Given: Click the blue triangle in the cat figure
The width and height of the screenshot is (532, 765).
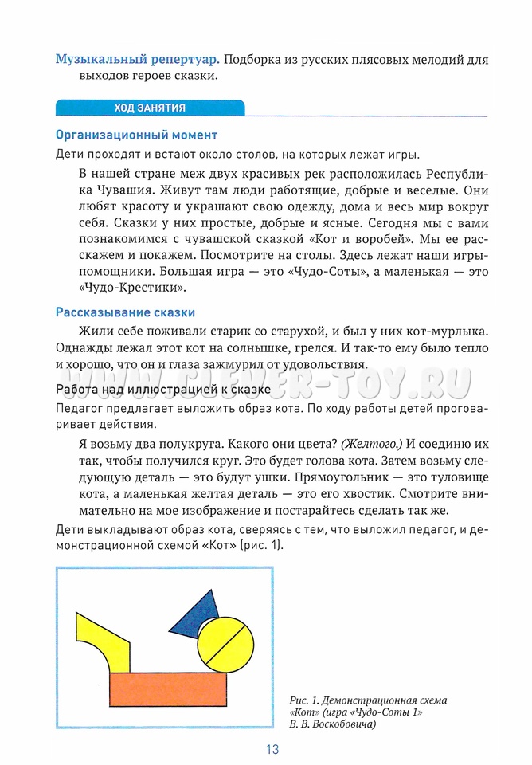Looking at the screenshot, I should [195, 610].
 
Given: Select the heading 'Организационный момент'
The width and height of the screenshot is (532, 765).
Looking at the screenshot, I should [136, 135].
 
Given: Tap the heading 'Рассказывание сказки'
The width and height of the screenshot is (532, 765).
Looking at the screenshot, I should [125, 312].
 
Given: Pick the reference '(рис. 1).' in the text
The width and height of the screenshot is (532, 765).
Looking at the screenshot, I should [258, 546].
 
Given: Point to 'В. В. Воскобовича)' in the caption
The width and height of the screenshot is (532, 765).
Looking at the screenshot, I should [332, 724].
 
